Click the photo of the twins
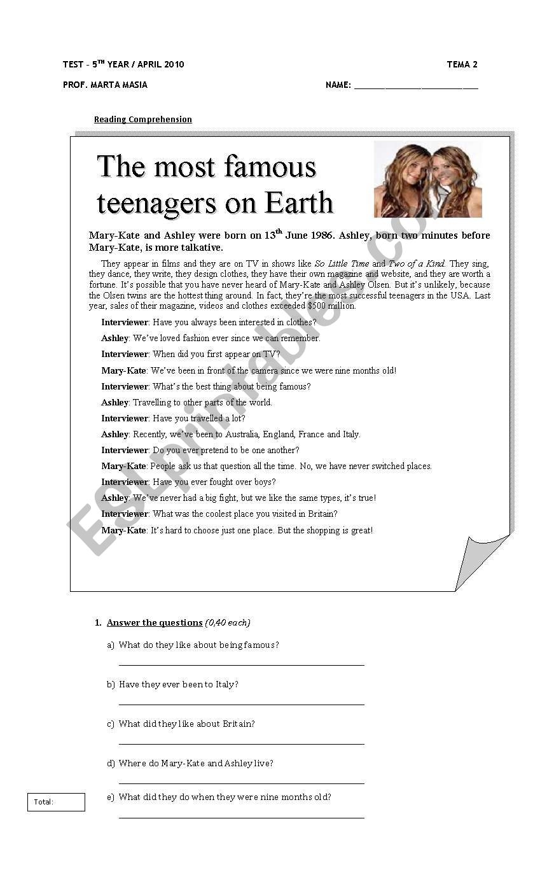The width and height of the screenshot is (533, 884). click(427, 180)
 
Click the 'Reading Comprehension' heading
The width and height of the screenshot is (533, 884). click(142, 120)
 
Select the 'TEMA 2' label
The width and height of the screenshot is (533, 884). click(462, 64)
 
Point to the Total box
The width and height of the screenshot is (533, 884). click(56, 802)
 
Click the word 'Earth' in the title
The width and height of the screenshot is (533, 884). click(299, 203)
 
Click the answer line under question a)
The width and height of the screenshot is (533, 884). click(242, 664)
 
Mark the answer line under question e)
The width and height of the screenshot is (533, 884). click(242, 817)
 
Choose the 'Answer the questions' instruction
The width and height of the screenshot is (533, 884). click(155, 622)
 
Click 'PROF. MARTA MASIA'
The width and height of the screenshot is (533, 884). click(105, 85)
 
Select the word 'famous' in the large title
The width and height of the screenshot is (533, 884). click(280, 167)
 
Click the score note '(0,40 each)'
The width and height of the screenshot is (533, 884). click(228, 622)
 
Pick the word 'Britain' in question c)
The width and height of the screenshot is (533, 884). click(238, 724)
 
